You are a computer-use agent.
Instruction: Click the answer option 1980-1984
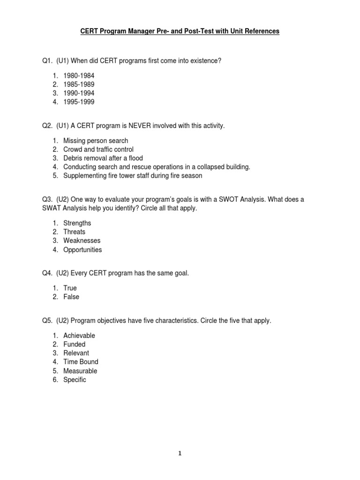click(x=79, y=75)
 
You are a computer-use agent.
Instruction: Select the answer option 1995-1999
click(x=79, y=102)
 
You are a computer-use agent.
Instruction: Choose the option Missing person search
click(x=96, y=141)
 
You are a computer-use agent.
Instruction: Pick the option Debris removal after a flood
click(x=103, y=158)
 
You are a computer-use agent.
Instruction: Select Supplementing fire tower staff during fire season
click(x=133, y=176)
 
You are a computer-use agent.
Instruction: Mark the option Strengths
click(x=77, y=223)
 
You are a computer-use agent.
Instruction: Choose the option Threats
click(x=75, y=232)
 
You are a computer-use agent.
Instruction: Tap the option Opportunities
click(x=82, y=250)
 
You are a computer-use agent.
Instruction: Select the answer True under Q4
click(x=70, y=288)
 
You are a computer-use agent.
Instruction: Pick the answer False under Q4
click(x=71, y=297)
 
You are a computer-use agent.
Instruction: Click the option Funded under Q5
click(x=75, y=344)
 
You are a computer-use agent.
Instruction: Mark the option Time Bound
click(x=81, y=362)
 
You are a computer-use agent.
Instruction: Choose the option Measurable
click(x=80, y=371)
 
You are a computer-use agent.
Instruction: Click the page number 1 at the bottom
click(x=180, y=453)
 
